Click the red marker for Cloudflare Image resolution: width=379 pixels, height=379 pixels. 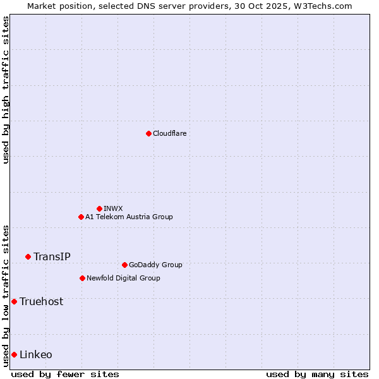[148, 133]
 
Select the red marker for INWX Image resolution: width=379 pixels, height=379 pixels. [99, 208]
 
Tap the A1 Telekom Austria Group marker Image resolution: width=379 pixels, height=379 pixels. [81, 217]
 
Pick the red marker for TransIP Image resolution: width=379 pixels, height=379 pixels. [28, 256]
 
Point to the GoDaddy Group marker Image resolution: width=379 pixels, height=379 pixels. [124, 265]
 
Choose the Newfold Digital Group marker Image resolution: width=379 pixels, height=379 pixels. [82, 278]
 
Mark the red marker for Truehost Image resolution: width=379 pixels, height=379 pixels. [14, 301]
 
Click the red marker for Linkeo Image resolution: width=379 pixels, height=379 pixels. [14, 354]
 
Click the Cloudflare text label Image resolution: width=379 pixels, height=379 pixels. [169, 133]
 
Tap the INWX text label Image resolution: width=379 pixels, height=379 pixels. [113, 208]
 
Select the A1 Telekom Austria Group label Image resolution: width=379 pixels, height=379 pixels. [129, 217]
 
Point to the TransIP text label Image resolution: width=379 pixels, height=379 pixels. [52, 256]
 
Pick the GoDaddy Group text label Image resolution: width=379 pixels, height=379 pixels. [155, 265]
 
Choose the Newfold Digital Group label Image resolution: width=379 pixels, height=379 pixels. [123, 278]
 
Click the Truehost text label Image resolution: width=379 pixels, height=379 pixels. [41, 301]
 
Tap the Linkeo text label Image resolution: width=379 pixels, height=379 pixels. [36, 354]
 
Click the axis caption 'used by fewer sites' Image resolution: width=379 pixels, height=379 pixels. [65, 374]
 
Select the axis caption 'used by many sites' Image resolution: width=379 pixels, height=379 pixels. [317, 374]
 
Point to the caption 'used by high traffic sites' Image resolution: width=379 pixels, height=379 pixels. [6, 90]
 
